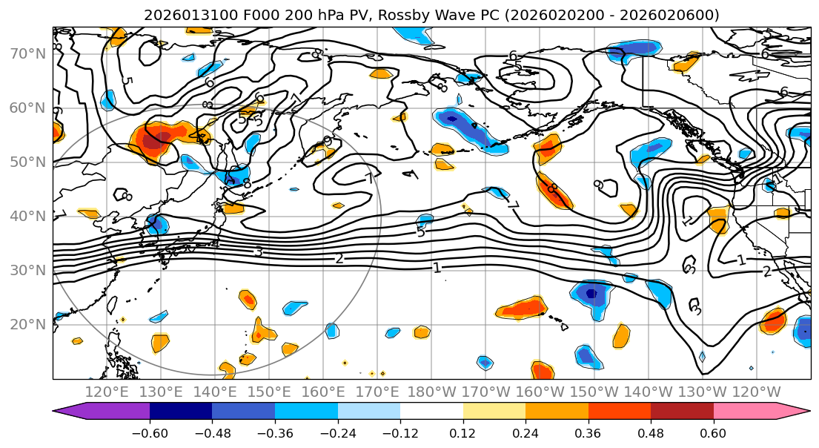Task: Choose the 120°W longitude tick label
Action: [x=756, y=392]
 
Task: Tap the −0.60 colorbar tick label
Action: [x=150, y=432]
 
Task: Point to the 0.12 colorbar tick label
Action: [x=463, y=432]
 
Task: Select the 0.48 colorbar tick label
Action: [x=651, y=432]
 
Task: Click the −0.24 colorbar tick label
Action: [x=337, y=432]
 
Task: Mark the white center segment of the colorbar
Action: [x=431, y=412]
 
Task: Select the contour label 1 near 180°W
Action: [x=437, y=268]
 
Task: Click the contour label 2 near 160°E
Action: [x=339, y=258]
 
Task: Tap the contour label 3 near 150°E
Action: [x=258, y=252]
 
